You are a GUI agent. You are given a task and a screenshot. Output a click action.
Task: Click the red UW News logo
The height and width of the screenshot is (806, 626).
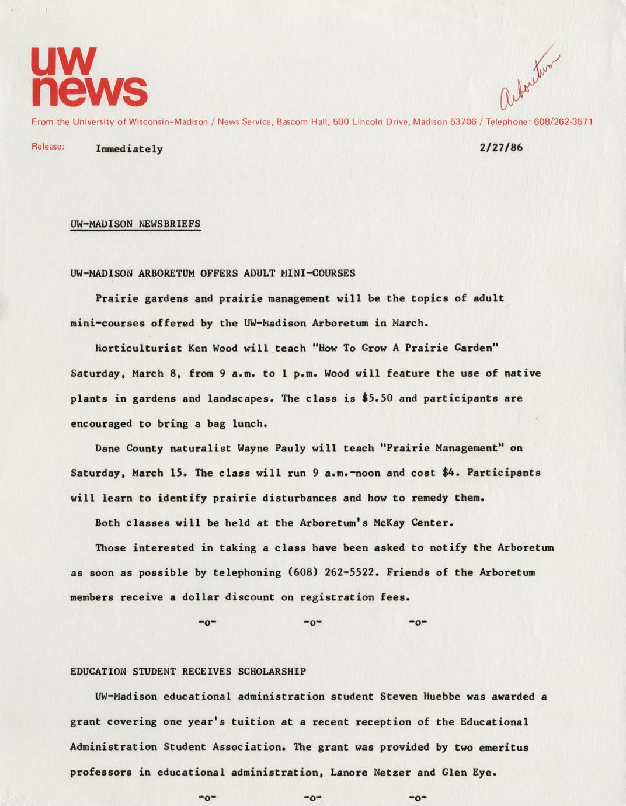pos(88,76)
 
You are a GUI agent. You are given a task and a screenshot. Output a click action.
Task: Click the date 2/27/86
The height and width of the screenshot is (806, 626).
pos(500,147)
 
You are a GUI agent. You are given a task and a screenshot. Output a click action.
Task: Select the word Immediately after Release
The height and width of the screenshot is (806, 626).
pos(129,149)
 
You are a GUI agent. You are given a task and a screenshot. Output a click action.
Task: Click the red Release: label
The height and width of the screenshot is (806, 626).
pos(47,147)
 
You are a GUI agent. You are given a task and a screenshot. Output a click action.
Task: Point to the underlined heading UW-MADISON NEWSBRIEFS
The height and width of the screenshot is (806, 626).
pos(135,224)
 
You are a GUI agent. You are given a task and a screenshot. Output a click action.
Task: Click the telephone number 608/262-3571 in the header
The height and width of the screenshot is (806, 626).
pos(564,122)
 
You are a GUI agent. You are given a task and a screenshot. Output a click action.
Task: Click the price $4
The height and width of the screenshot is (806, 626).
pos(449,473)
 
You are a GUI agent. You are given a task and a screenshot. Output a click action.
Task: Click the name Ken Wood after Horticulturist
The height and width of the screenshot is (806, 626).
pos(213,348)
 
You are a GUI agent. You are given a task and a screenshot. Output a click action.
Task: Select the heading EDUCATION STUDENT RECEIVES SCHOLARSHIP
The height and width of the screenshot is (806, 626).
pos(188,672)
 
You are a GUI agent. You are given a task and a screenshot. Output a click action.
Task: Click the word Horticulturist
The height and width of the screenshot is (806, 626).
pos(138,348)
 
